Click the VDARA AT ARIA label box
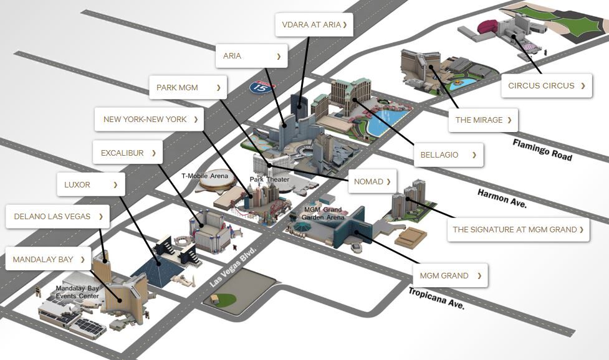[x=314, y=25]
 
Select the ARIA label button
[x=252, y=56]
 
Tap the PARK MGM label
[x=188, y=88]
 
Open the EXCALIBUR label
[x=127, y=153]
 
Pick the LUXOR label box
[x=91, y=184]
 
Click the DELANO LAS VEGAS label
[x=57, y=217]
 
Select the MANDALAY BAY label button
[x=48, y=259]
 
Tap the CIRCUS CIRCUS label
[x=547, y=86]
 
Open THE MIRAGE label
[x=483, y=120]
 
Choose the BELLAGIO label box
[x=449, y=155]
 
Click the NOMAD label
[x=372, y=181]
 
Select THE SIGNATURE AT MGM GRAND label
[x=518, y=230]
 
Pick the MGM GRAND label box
[x=450, y=275]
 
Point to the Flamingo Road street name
[x=542, y=149]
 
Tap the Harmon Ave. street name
[x=502, y=199]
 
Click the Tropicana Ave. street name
[x=436, y=298]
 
